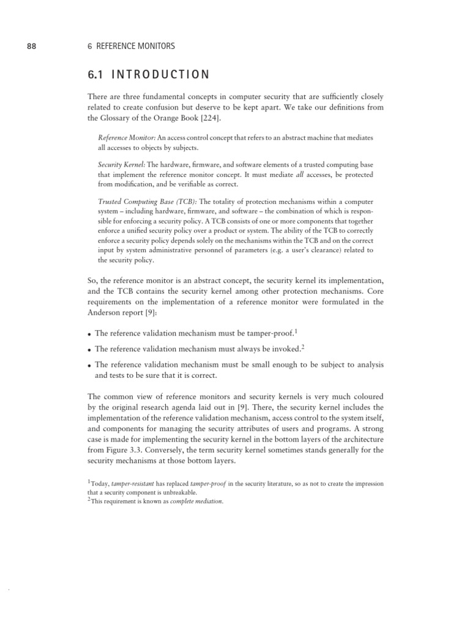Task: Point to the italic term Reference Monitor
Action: coord(121,138)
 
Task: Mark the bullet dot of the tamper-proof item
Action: coord(90,334)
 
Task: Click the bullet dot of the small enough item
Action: coord(90,366)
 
